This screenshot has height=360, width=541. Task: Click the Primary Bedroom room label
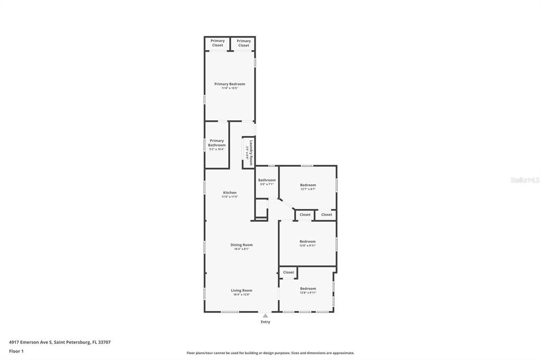click(230, 84)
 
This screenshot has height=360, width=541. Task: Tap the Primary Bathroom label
click(217, 143)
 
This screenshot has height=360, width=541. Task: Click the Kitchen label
click(230, 193)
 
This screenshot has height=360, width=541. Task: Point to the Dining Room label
click(241, 245)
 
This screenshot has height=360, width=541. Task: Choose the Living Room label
click(241, 290)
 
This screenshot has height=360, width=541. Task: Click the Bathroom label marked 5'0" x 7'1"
click(267, 180)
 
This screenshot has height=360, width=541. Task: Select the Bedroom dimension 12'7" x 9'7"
click(308, 189)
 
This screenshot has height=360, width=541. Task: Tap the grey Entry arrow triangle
click(265, 316)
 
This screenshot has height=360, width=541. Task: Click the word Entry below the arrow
click(265, 322)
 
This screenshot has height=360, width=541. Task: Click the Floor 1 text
click(16, 351)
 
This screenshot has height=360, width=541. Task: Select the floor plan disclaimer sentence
click(270, 353)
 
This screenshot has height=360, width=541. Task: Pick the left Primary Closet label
click(218, 43)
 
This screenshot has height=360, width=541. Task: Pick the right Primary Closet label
click(244, 43)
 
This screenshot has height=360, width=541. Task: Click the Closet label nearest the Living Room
click(288, 272)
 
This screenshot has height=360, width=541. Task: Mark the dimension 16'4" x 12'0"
click(241, 295)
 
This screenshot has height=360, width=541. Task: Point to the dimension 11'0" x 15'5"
click(230, 88)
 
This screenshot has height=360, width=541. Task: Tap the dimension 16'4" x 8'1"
click(241, 249)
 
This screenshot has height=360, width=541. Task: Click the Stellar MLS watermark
click(525, 180)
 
